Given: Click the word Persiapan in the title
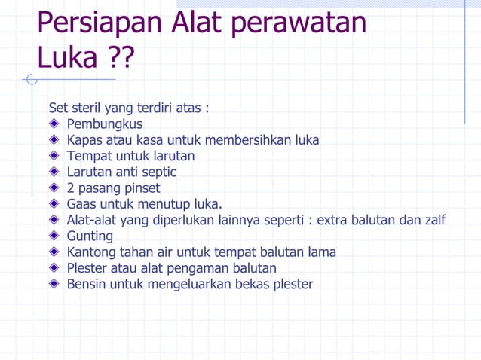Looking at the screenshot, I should pyautogui.click(x=99, y=25).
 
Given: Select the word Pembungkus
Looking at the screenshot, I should pyautogui.click(x=105, y=124).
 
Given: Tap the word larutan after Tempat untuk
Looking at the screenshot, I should pyautogui.click(x=172, y=156).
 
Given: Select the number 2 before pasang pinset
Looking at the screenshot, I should pyautogui.click(x=71, y=188).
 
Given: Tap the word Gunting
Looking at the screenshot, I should pyautogui.click(x=90, y=236).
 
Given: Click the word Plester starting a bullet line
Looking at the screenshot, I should pyautogui.click(x=88, y=268).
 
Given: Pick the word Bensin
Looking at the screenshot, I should pyautogui.click(x=87, y=284).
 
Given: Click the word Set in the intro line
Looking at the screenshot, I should pyautogui.click(x=57, y=108).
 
